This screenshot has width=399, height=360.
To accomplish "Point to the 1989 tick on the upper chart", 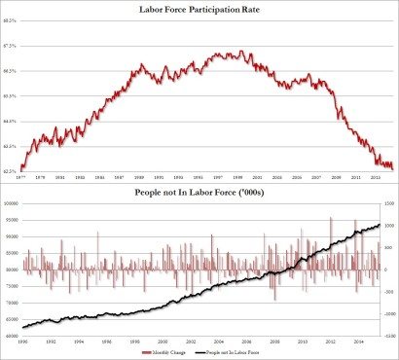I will pyautogui.click(x=140, y=176).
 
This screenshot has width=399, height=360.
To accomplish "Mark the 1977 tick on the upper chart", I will pyautogui.click(x=19, y=176).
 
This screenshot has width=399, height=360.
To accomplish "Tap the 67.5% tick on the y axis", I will pyautogui.click(x=10, y=46).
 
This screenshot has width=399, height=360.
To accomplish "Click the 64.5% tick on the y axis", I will pyautogui.click(x=10, y=121).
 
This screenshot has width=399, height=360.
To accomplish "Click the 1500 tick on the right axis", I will pyautogui.click(x=388, y=203).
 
